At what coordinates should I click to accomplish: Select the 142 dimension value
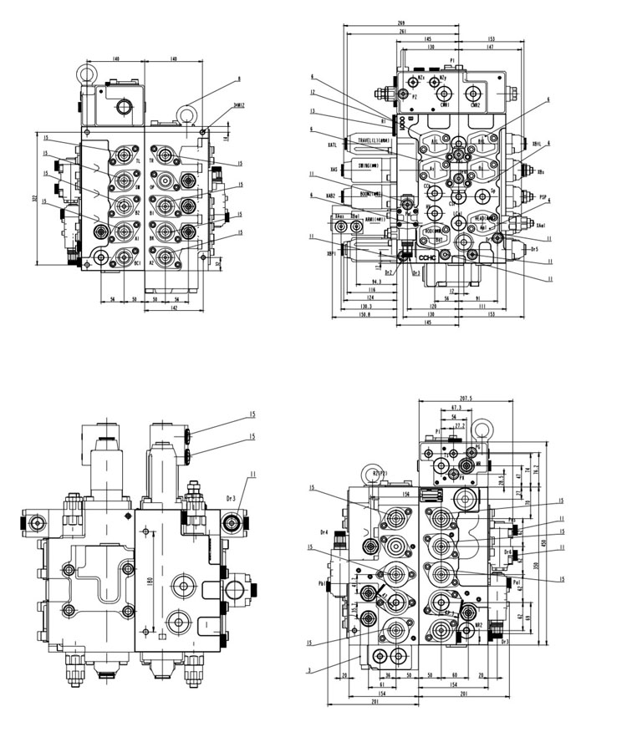tap(173, 308)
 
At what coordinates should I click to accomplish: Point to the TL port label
tap(137, 159)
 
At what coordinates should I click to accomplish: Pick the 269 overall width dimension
tap(401, 23)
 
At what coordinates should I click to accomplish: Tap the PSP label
tap(543, 197)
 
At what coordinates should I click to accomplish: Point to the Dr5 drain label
tap(534, 248)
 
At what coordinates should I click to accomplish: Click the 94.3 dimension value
tap(377, 282)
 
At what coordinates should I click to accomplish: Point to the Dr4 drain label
tap(324, 531)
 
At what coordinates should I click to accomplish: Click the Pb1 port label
tap(323, 583)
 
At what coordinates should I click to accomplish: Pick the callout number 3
tap(309, 669)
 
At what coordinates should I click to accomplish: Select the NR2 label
tap(478, 624)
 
